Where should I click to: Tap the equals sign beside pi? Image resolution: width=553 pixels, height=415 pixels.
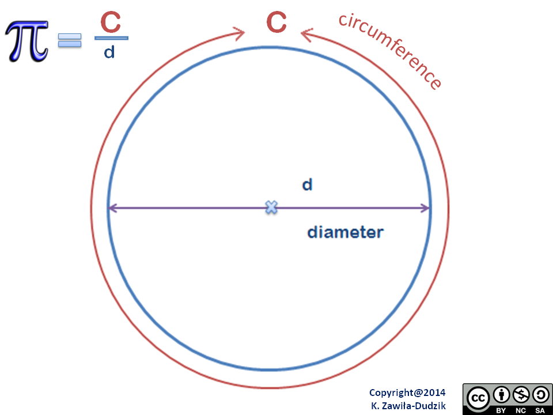coord(70,40)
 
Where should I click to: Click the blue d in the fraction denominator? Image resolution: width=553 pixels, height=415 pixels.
coord(109,52)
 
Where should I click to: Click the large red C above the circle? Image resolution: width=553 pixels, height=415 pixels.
coord(276,22)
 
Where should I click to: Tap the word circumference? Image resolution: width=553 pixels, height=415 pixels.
coord(391,51)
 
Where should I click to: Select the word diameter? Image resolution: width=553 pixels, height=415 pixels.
coord(345,233)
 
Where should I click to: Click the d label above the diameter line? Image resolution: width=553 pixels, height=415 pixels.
coord(307,185)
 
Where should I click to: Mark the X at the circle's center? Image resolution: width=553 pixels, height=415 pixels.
coord(271,207)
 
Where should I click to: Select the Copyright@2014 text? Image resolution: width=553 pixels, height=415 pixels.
coord(407,393)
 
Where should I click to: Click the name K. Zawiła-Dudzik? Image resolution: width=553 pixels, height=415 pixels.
coord(408,405)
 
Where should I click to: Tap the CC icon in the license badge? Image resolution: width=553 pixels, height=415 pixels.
coord(478,397)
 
